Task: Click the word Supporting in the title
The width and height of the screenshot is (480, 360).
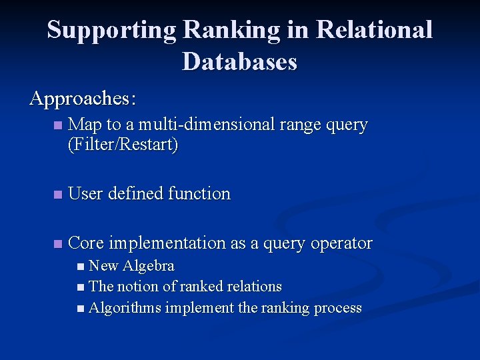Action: point(111,30)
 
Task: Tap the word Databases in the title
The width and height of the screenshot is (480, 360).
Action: point(239,62)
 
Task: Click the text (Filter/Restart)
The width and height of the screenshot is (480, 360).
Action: point(123,144)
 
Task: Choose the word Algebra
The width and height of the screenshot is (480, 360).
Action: point(148,266)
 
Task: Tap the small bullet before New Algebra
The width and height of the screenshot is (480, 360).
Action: point(81,267)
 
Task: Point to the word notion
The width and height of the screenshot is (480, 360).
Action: point(136,287)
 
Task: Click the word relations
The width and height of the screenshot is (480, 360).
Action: point(253,287)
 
